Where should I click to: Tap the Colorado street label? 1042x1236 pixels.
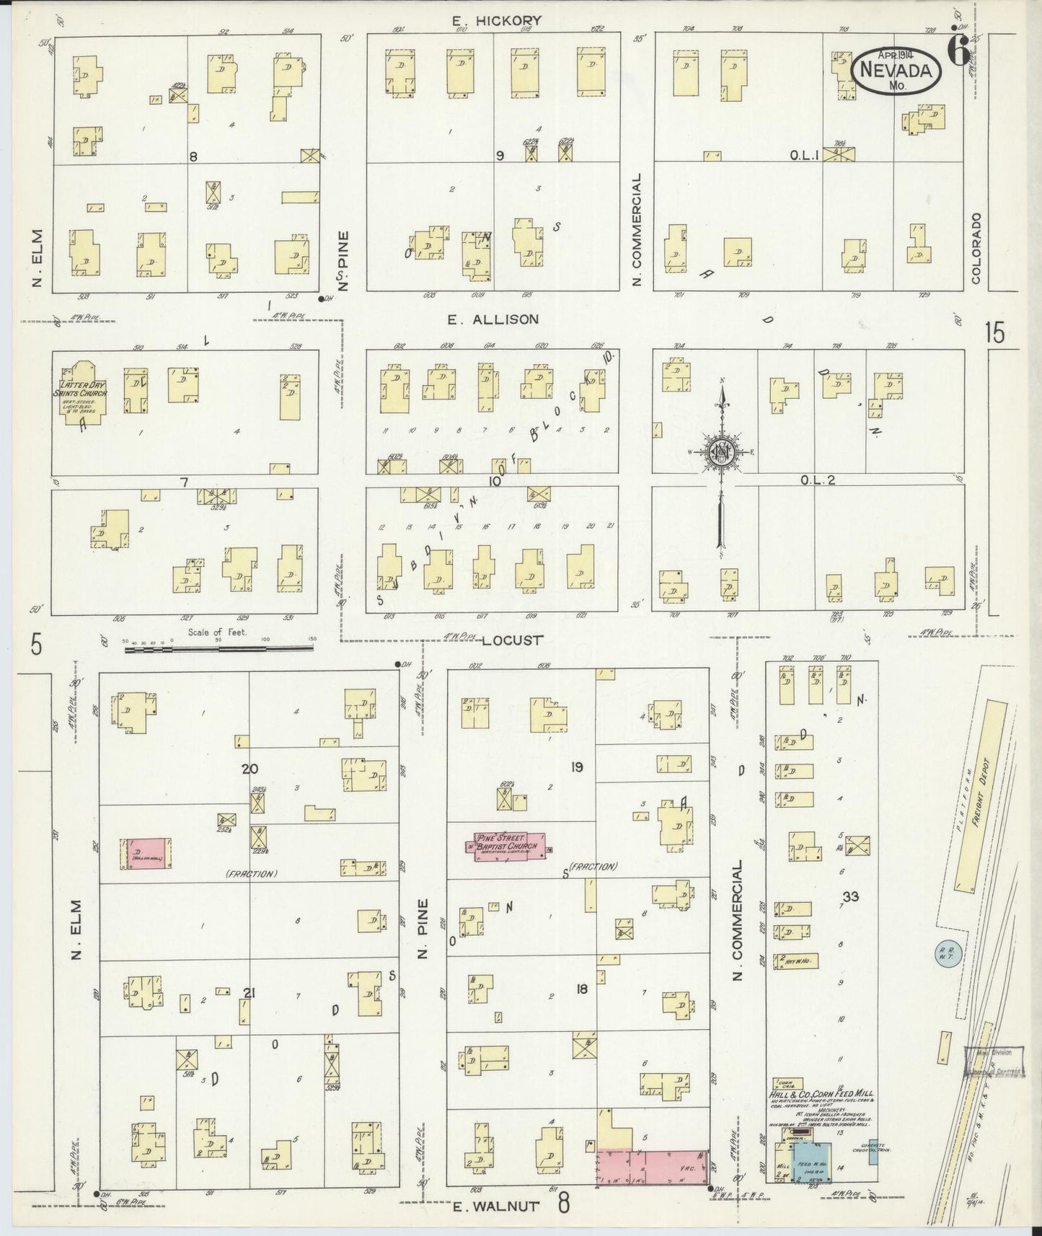click(x=976, y=247)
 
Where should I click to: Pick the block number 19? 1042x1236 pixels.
click(x=576, y=767)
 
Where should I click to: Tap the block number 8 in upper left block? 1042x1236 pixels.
click(x=193, y=156)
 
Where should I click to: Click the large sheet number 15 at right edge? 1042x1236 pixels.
click(x=994, y=333)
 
